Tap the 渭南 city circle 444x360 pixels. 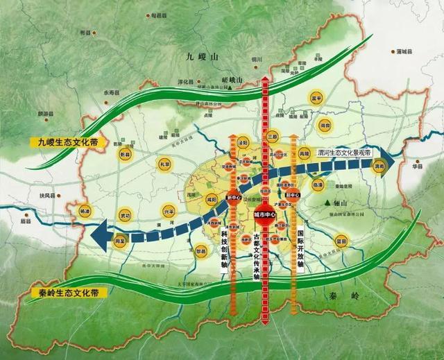point(378,166)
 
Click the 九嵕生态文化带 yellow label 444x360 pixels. point(66,144)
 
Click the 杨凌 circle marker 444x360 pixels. point(85,210)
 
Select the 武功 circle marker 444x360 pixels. point(126,215)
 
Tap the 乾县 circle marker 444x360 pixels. point(126,154)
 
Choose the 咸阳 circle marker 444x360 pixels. point(209,198)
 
